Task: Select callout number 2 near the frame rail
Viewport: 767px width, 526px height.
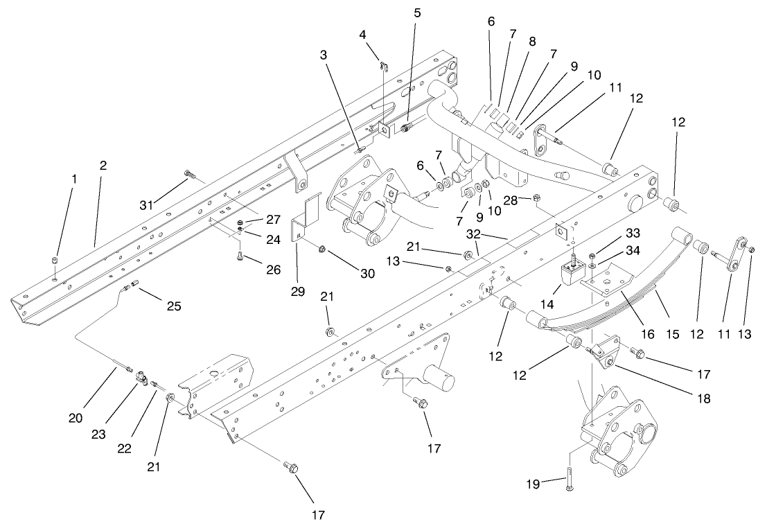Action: [103, 166]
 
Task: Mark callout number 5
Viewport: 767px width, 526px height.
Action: [416, 12]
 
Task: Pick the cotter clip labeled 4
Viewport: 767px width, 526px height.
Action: [384, 66]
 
